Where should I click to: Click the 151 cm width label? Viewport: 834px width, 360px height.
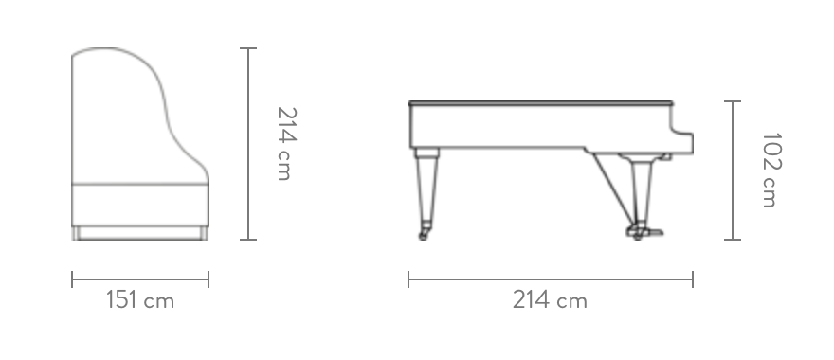coord(140,300)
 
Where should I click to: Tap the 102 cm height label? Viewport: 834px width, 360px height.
coord(771,171)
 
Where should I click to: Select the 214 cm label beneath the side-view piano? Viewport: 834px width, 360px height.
coord(550,300)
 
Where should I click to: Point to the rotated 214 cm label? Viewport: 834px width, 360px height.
coord(286,144)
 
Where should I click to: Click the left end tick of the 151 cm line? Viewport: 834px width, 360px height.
coord(72,279)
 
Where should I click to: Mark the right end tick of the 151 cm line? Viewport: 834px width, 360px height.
coord(208,279)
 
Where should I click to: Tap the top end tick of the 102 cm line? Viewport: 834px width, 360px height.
coord(733,101)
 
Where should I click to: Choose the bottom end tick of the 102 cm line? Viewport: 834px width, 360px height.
coord(733,240)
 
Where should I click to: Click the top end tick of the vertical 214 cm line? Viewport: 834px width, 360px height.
coord(248,48)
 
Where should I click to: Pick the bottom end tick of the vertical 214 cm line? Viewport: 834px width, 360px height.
coord(248,240)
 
